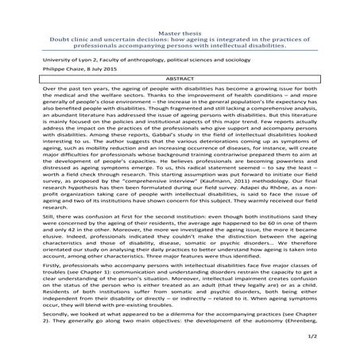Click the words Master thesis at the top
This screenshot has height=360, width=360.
(180, 8)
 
